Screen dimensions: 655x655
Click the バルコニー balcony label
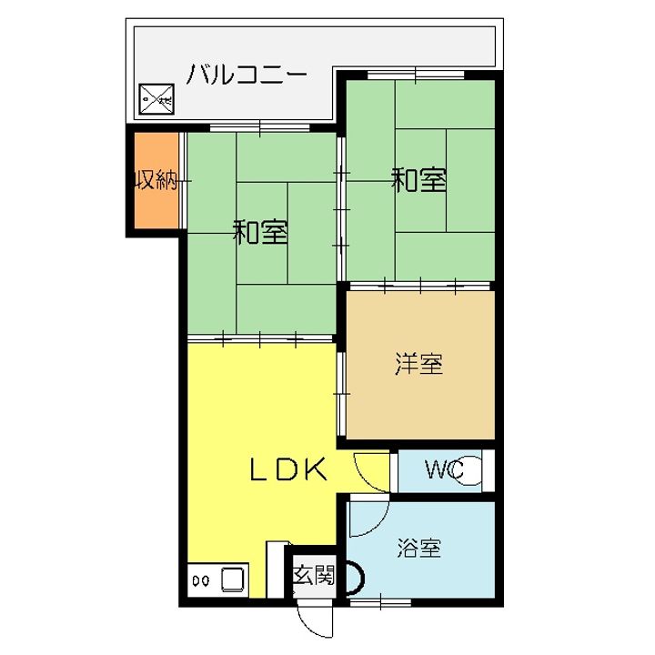[x=247, y=74]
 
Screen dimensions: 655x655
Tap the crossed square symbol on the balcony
[x=155, y=98]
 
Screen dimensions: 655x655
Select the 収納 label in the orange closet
[x=156, y=180]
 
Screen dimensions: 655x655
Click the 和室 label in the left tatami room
[x=261, y=232]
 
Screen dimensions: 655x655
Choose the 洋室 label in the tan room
[x=418, y=364]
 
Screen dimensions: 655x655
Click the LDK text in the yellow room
[x=288, y=469]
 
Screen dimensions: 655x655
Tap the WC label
[x=444, y=470]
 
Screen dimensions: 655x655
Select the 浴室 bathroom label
[x=419, y=549]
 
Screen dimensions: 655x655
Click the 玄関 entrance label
[x=314, y=575]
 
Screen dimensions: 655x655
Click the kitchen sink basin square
[x=229, y=579]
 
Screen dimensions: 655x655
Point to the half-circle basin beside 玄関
[x=353, y=577]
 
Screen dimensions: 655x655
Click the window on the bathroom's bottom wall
[x=380, y=602]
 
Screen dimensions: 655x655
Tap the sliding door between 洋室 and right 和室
[x=420, y=286]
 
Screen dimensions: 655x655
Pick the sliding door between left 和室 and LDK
[x=261, y=338]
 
